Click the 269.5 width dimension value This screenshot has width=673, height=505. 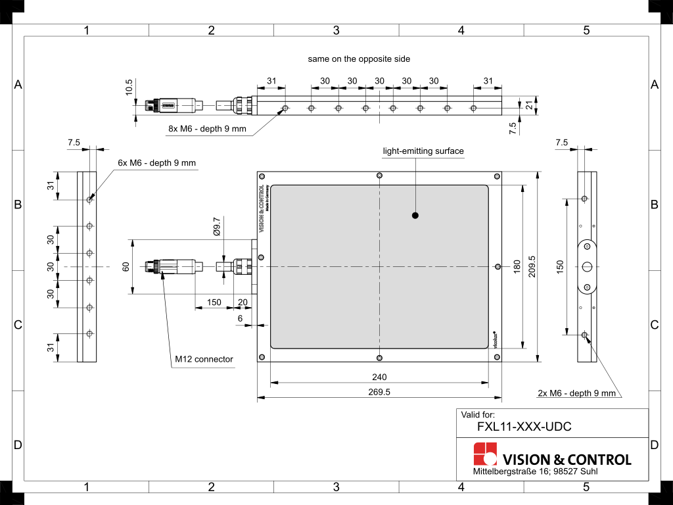pyautogui.click(x=379, y=392)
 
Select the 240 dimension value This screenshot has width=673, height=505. pyautogui.click(x=379, y=377)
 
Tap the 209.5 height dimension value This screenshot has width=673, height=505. pyautogui.click(x=532, y=266)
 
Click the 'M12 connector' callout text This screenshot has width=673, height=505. pyautogui.click(x=204, y=359)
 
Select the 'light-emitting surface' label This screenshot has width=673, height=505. pyautogui.click(x=423, y=151)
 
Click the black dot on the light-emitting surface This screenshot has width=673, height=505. pyautogui.click(x=415, y=215)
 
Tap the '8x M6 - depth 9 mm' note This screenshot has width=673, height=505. pyautogui.click(x=207, y=129)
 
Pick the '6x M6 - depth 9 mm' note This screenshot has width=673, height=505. pyautogui.click(x=157, y=162)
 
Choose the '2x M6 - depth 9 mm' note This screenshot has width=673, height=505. pyautogui.click(x=576, y=393)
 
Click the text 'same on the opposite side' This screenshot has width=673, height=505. pyautogui.click(x=359, y=59)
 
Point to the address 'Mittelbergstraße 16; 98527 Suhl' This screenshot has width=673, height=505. pyautogui.click(x=535, y=472)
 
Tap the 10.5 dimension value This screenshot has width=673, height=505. pyautogui.click(x=129, y=87)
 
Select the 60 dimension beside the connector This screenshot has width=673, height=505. pyautogui.click(x=126, y=266)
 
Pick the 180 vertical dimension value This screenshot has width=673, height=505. pyautogui.click(x=517, y=266)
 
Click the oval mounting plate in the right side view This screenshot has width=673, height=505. pyautogui.click(x=587, y=266)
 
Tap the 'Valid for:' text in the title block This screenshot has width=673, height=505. pyautogui.click(x=478, y=415)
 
